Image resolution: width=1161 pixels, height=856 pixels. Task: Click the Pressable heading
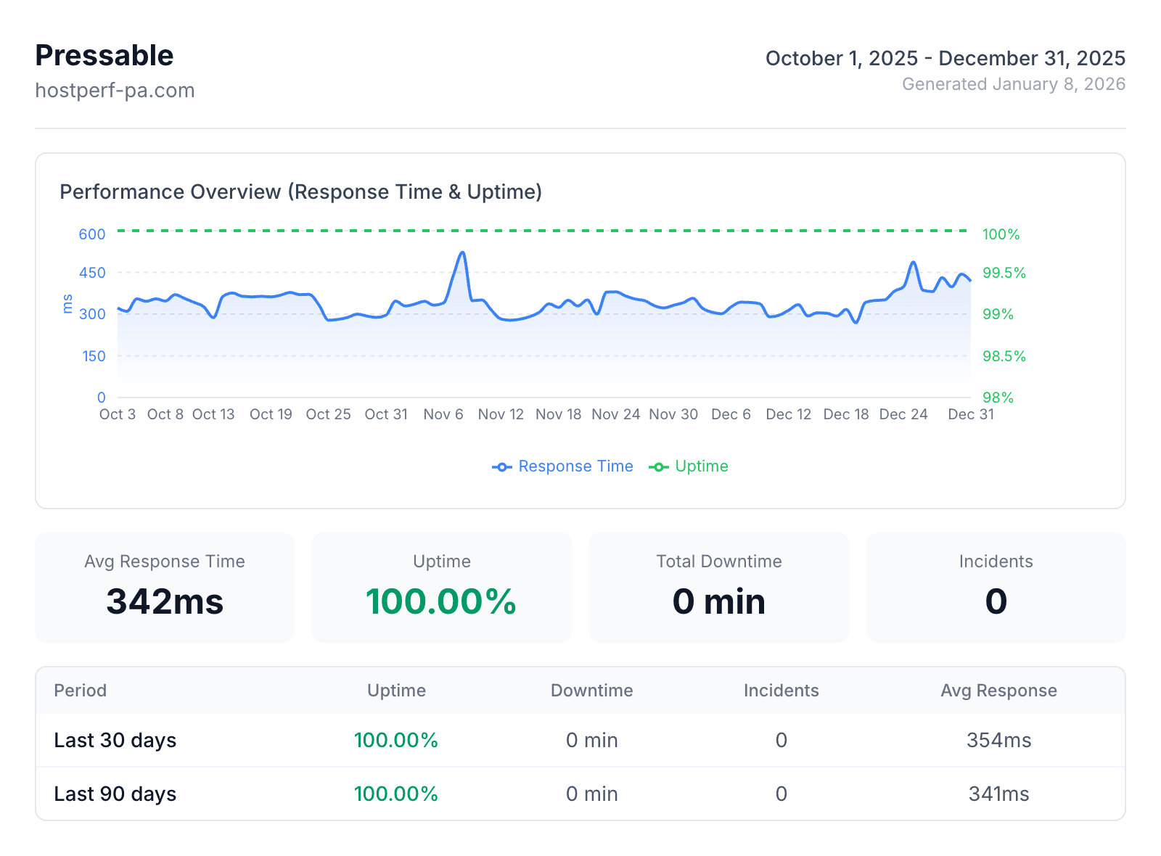point(104,56)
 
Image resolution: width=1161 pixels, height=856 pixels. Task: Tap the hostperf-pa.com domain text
point(115,91)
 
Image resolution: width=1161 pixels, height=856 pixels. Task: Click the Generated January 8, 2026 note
point(1013,84)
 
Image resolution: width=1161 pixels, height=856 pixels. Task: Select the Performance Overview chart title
point(300,192)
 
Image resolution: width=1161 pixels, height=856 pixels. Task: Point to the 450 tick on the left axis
point(92,273)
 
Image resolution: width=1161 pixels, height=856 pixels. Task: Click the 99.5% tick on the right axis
point(1004,273)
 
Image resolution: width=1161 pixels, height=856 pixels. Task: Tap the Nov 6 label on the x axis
point(443,414)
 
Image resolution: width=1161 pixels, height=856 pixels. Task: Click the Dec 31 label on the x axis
point(970,414)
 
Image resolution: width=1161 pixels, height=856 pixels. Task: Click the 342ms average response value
point(165,601)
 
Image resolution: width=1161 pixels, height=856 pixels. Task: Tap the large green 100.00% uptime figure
point(441,601)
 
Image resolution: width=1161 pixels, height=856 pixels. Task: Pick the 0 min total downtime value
point(718,601)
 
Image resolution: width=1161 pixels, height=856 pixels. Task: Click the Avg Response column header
point(998,691)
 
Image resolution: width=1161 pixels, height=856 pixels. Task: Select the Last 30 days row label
point(115,741)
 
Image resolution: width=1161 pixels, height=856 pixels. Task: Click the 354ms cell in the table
point(998,741)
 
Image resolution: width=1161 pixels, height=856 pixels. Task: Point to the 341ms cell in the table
point(998,794)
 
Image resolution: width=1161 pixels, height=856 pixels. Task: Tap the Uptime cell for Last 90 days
point(396,794)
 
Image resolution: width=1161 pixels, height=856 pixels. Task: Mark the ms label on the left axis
point(67,303)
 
